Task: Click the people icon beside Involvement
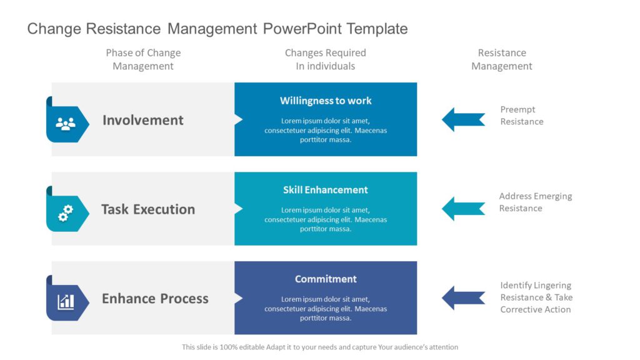coord(66,123)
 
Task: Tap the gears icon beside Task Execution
coord(66,213)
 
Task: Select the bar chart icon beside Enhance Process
coord(66,302)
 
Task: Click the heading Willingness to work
coord(326,101)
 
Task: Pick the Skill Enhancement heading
coord(326,190)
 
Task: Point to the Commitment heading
coord(326,279)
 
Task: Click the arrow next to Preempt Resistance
coord(463,119)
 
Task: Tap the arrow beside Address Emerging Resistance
coord(463,209)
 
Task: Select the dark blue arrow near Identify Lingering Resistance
coord(463,298)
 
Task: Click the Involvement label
coord(143,120)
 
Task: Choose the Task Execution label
coord(148,209)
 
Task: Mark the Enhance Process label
coord(155,299)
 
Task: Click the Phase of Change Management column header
coord(143,59)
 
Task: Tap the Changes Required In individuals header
coord(326,59)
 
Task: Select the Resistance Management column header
coord(502,59)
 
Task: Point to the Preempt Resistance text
coord(521,116)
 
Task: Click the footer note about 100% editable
coord(320,347)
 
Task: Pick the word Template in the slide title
coord(377,29)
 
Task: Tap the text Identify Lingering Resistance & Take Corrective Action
coord(536,297)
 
